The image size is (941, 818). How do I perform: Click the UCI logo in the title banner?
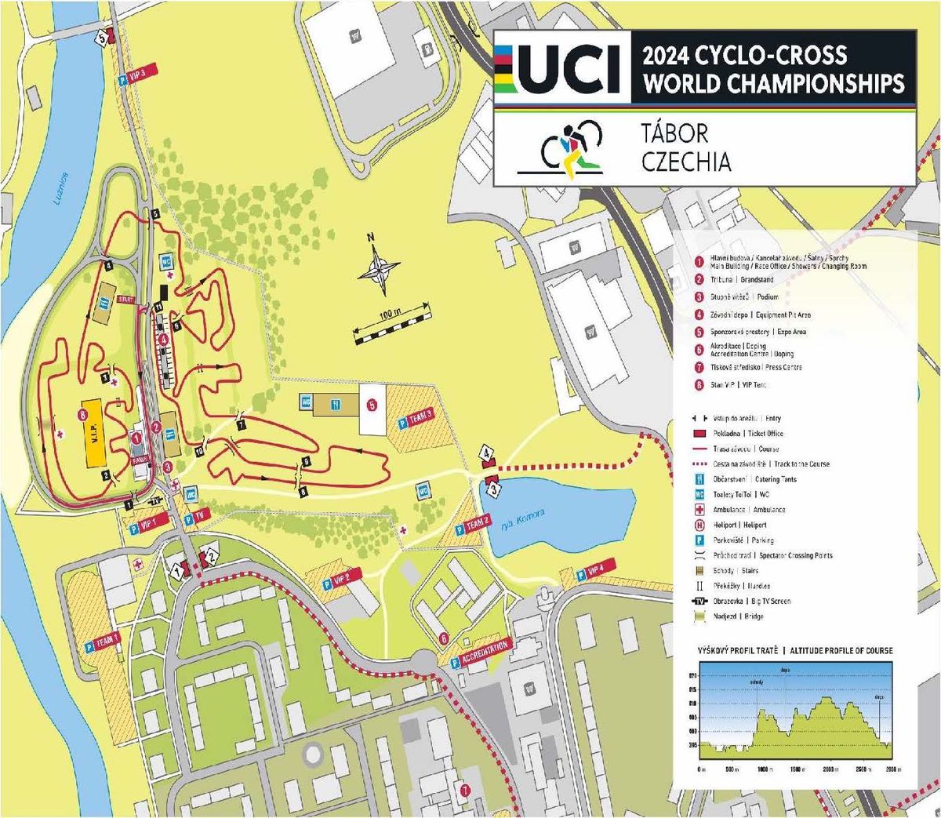click(561, 69)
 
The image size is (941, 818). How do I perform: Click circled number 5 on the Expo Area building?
click(372, 405)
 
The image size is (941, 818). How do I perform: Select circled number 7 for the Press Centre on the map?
click(465, 791)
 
